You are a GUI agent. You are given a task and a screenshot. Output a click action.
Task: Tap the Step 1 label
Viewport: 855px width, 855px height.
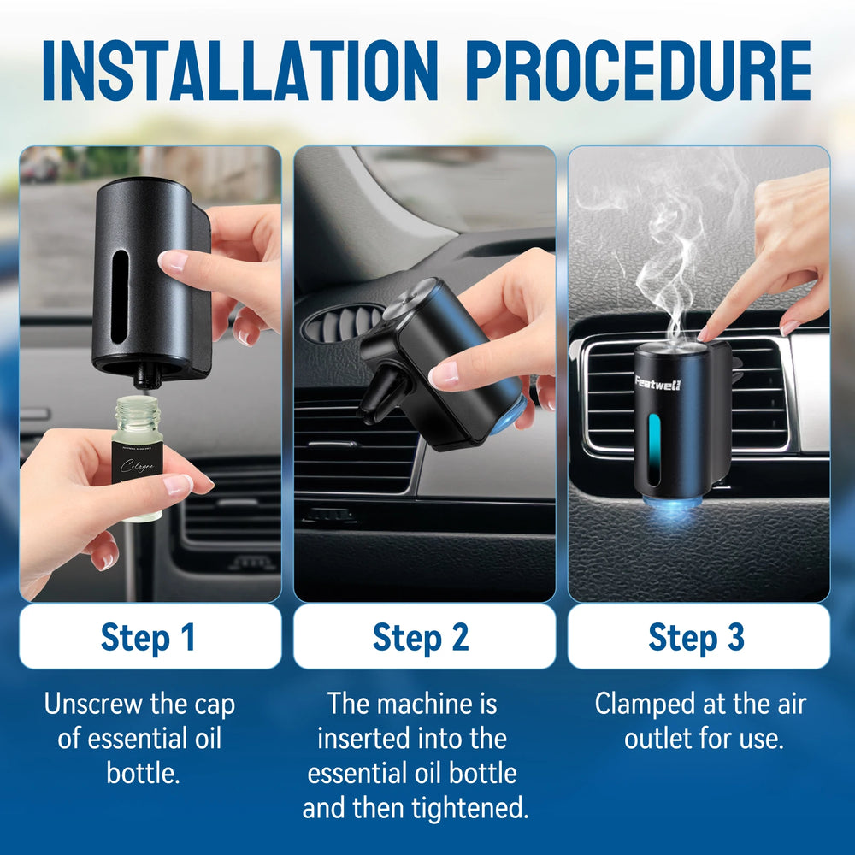tap(149, 638)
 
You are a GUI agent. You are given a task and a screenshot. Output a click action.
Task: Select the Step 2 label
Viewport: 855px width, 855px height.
tap(422, 638)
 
